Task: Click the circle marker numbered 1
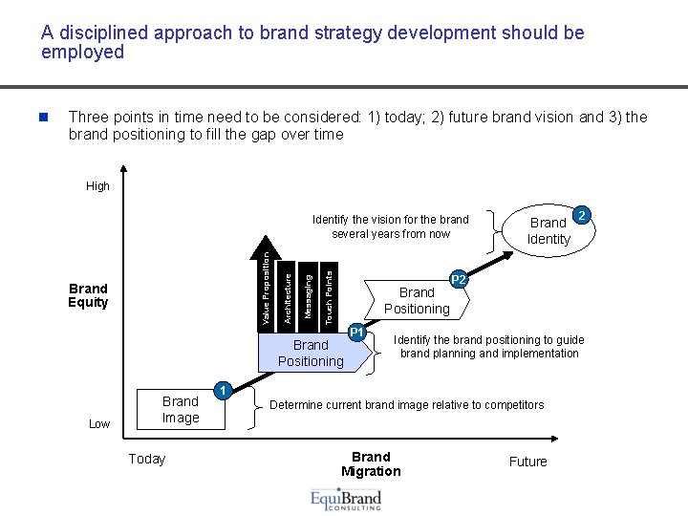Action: click(222, 391)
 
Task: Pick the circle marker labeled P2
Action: click(459, 280)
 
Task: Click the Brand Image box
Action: click(181, 409)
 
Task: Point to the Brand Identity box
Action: click(548, 231)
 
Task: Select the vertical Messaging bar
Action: click(307, 296)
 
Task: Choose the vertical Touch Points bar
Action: click(328, 296)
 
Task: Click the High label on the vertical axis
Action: click(98, 186)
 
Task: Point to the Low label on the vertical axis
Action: click(99, 424)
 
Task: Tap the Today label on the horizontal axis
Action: click(147, 459)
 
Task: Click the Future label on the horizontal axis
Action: click(527, 462)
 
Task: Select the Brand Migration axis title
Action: click(371, 463)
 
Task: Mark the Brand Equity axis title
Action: click(88, 295)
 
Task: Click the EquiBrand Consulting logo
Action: click(346, 500)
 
